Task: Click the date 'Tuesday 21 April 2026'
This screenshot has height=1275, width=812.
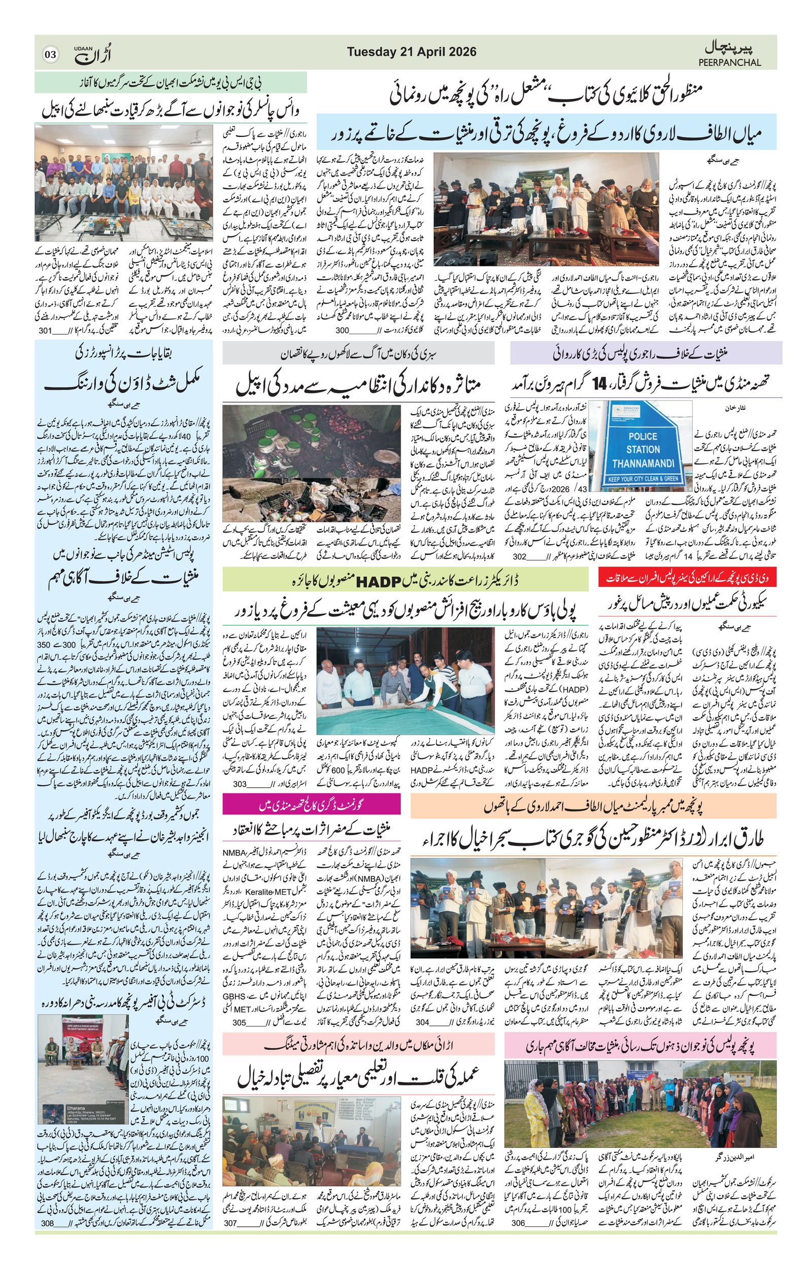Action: [x=412, y=52]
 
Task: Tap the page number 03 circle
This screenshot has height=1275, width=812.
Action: [x=51, y=54]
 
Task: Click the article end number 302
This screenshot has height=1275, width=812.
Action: [x=520, y=557]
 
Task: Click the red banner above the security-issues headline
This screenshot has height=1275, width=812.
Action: [x=687, y=578]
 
